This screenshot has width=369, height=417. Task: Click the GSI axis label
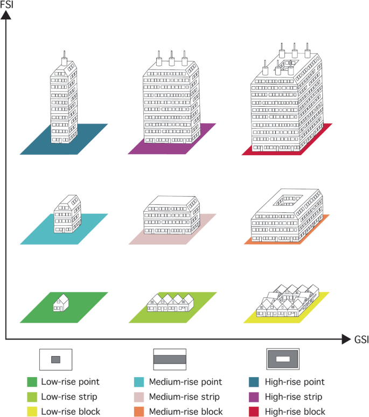(x=360, y=340)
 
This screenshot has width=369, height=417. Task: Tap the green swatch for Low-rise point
(x=32, y=382)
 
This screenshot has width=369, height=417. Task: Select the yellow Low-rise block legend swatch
(x=32, y=412)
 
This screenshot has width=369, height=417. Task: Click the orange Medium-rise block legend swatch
(x=138, y=412)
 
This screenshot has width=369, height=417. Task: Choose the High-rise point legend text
(x=295, y=382)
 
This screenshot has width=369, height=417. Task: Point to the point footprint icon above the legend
(x=55, y=359)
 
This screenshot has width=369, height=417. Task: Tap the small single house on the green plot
(x=61, y=303)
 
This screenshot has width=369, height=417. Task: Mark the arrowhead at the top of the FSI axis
(x=6, y=15)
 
